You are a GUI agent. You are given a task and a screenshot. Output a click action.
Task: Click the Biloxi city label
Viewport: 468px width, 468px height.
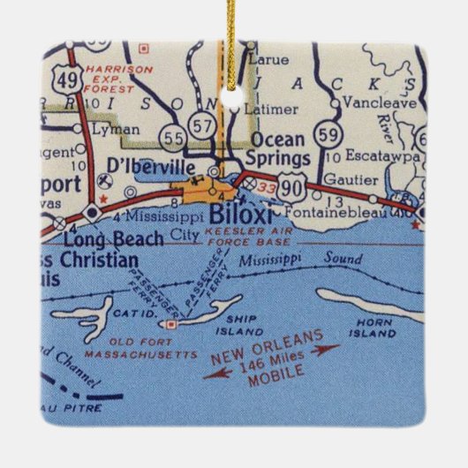coord(236,214)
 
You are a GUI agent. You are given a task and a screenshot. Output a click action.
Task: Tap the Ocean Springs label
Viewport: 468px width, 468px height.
coord(280,149)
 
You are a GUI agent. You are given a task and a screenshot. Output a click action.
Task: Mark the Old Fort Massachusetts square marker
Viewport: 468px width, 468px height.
coord(172,324)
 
